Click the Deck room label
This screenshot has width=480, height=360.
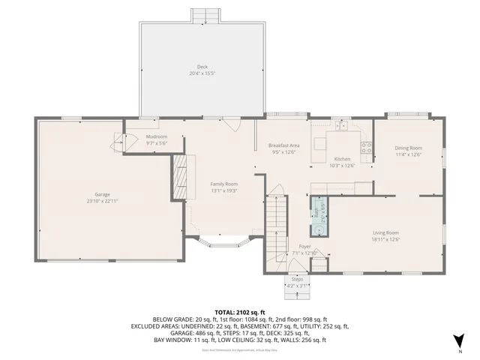(x=202, y=66)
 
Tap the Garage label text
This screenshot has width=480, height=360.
(x=102, y=195)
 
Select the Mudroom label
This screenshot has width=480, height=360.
(x=156, y=136)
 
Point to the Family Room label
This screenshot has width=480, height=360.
(x=223, y=184)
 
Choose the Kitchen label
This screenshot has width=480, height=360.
(x=342, y=159)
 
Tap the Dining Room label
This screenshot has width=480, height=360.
(x=408, y=148)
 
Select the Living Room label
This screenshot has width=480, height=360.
(x=385, y=232)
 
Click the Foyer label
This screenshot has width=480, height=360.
(x=304, y=246)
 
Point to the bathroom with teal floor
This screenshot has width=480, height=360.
(x=319, y=216)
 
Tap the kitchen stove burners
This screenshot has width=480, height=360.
(x=367, y=148)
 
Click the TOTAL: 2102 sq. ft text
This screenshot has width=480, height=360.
(x=240, y=310)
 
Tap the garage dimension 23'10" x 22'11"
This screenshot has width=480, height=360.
(x=102, y=201)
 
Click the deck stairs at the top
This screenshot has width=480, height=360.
(x=210, y=16)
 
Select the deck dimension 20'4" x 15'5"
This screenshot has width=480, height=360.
(x=202, y=73)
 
